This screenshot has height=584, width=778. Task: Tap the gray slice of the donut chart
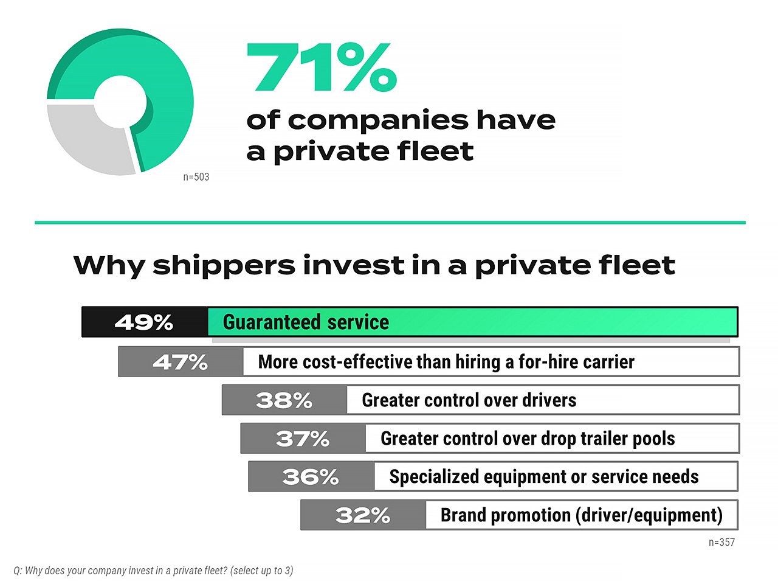(85, 140)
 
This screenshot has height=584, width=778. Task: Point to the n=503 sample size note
(196, 177)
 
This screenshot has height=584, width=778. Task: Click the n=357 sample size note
(721, 542)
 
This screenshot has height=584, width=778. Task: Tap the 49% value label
(144, 322)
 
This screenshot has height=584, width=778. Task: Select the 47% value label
(180, 363)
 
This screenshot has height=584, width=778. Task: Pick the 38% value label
(284, 400)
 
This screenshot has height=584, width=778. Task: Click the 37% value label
(303, 439)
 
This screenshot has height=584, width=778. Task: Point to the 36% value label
(311, 477)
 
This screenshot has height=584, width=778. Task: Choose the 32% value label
(363, 515)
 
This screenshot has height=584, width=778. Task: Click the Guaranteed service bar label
(306, 322)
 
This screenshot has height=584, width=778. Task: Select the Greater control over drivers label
(469, 400)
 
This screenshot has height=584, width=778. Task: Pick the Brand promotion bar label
(581, 515)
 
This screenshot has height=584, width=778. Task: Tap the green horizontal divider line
(390, 223)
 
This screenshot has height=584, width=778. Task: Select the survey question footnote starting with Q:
(153, 571)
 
